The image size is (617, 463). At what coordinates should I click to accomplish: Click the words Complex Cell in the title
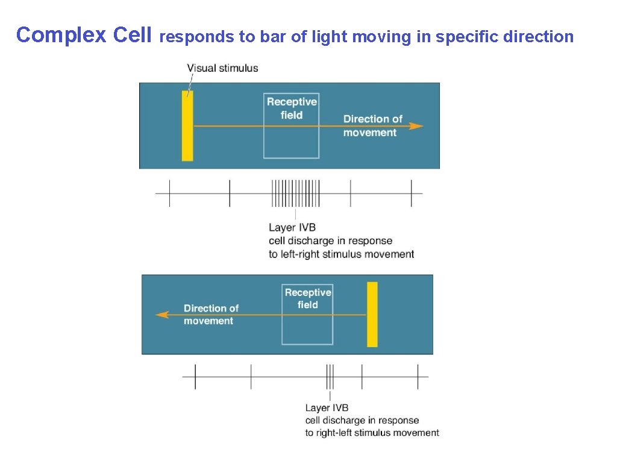point(84,36)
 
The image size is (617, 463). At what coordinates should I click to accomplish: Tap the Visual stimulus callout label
point(222,68)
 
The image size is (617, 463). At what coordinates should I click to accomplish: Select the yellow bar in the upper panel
point(187,125)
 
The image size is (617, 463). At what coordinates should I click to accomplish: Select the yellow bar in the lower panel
point(372,314)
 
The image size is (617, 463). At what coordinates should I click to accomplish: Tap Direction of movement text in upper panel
point(372,125)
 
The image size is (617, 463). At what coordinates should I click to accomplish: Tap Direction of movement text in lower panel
point(211,314)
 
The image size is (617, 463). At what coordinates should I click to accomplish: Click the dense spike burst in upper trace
point(295,194)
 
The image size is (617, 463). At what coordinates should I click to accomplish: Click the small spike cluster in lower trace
point(330,377)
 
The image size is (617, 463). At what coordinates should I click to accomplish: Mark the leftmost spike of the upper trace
point(169,194)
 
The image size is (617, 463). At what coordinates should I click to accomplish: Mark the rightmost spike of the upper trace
point(412,194)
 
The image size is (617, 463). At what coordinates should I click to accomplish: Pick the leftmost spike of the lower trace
point(195,377)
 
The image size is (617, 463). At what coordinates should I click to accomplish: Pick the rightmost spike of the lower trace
point(418,377)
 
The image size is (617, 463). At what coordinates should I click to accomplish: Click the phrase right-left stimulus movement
point(379,433)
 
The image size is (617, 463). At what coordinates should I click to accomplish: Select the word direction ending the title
point(540,37)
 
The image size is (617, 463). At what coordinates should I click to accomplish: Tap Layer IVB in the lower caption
point(327,408)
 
